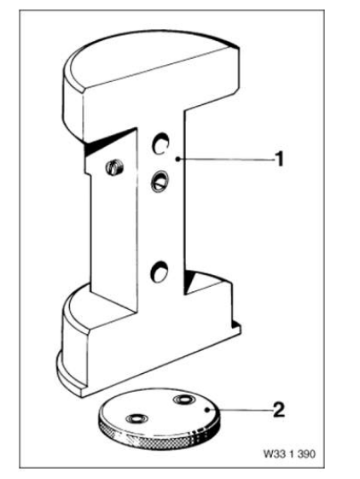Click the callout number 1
click(x=279, y=159)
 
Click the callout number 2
click(x=279, y=410)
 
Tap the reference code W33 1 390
click(x=289, y=454)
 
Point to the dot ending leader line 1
click(x=178, y=159)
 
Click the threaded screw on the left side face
click(x=114, y=167)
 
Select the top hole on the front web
click(x=160, y=143)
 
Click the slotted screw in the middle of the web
click(x=159, y=182)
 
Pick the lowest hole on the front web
click(x=160, y=272)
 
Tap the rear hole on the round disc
click(x=183, y=400)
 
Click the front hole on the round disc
click(x=136, y=418)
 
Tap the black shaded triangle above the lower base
click(x=189, y=281)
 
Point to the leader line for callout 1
click(x=227, y=159)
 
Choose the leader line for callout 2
click(x=241, y=410)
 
